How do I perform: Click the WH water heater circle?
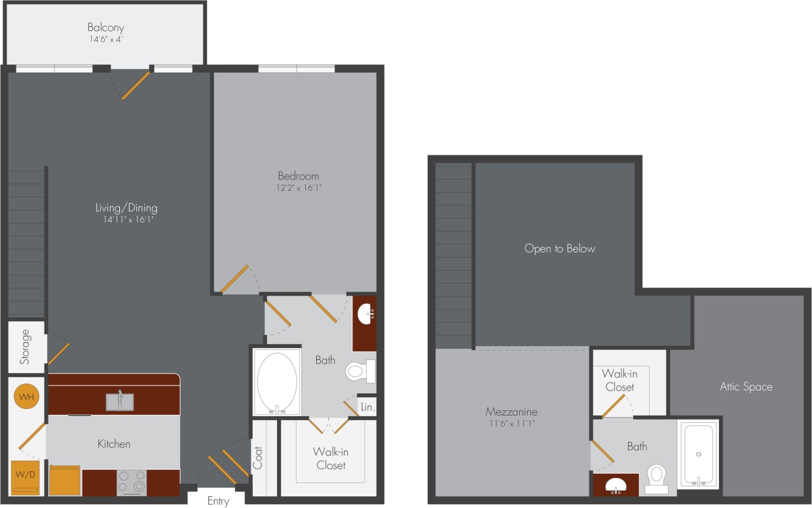click(x=27, y=397)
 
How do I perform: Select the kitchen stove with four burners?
click(x=132, y=482)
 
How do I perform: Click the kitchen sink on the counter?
click(x=120, y=401)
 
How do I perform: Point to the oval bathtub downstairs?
click(x=277, y=381)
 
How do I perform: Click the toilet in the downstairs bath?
click(x=359, y=372)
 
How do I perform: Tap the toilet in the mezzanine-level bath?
click(x=656, y=478)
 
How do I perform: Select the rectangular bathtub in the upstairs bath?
click(x=698, y=454)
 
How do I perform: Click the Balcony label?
click(x=105, y=28)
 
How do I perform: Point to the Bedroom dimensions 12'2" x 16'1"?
click(x=299, y=187)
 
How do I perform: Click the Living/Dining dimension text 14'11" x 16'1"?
click(x=126, y=220)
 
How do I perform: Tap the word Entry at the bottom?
click(x=218, y=501)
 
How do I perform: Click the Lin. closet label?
click(x=367, y=407)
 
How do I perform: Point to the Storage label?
click(x=25, y=347)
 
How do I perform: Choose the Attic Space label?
click(x=746, y=387)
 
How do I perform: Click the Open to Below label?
click(x=560, y=248)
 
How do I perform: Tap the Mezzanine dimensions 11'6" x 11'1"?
click(x=511, y=424)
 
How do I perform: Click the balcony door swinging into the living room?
click(x=136, y=85)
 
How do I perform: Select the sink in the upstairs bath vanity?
click(x=615, y=486)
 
